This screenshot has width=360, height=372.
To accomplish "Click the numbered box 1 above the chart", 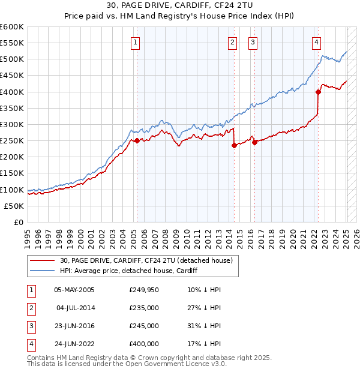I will (136, 42).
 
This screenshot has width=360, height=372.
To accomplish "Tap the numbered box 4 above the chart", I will (316, 42).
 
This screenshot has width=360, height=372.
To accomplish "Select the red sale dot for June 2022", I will (318, 92).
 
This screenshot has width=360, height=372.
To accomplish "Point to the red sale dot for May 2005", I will (137, 141).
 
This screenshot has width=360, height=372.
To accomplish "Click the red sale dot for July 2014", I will (234, 146).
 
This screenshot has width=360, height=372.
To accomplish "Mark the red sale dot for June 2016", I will (254, 142).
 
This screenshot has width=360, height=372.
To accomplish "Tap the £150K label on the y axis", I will (12, 173).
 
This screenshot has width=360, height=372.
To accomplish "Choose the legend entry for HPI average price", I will (128, 271).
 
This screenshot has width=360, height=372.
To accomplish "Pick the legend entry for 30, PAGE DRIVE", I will (149, 260).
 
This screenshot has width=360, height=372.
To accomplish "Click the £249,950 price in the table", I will (144, 290).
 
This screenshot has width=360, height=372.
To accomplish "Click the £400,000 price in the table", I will (144, 344).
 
